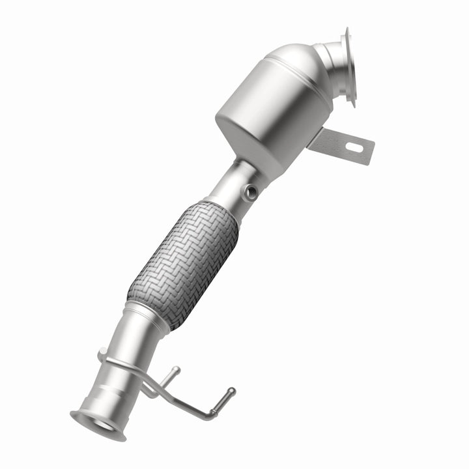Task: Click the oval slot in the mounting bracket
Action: [355, 147]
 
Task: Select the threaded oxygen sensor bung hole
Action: [250, 191]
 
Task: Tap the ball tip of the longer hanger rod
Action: [230, 392]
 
